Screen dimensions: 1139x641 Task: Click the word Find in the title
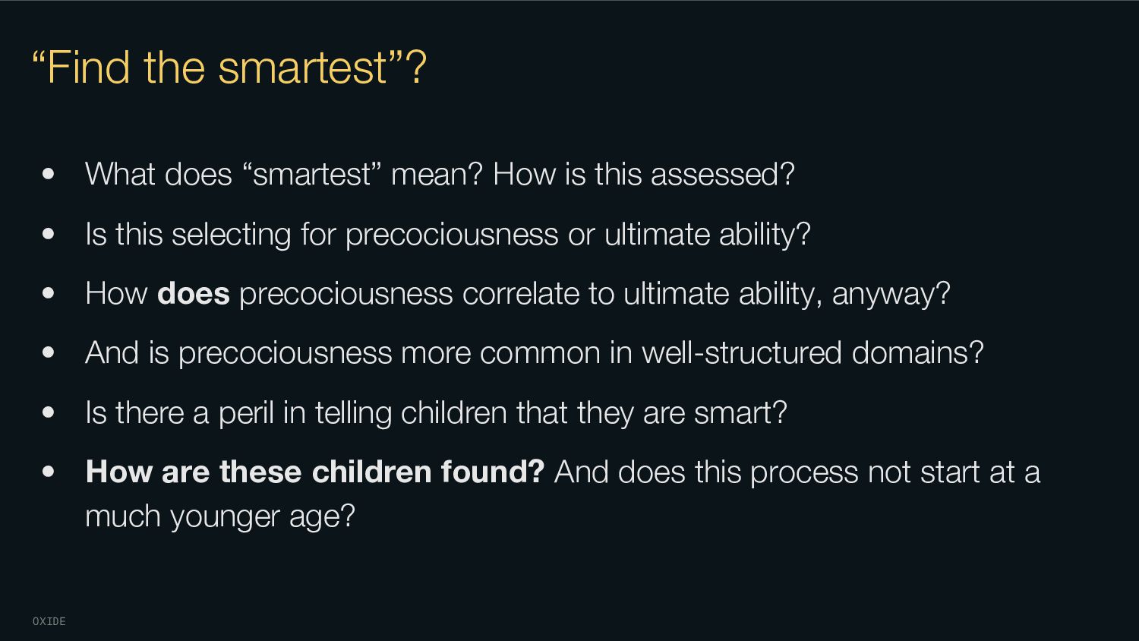pos(90,67)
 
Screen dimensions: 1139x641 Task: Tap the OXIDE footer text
pos(49,621)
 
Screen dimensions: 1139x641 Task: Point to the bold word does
pos(193,293)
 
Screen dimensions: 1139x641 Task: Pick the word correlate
pos(521,293)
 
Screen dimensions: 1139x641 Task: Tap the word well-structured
pos(742,352)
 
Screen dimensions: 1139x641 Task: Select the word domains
pos(910,352)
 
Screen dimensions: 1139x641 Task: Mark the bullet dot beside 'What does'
pos(49,174)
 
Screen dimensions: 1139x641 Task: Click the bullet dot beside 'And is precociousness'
pos(49,352)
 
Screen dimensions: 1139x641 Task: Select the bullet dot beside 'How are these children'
pos(49,472)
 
